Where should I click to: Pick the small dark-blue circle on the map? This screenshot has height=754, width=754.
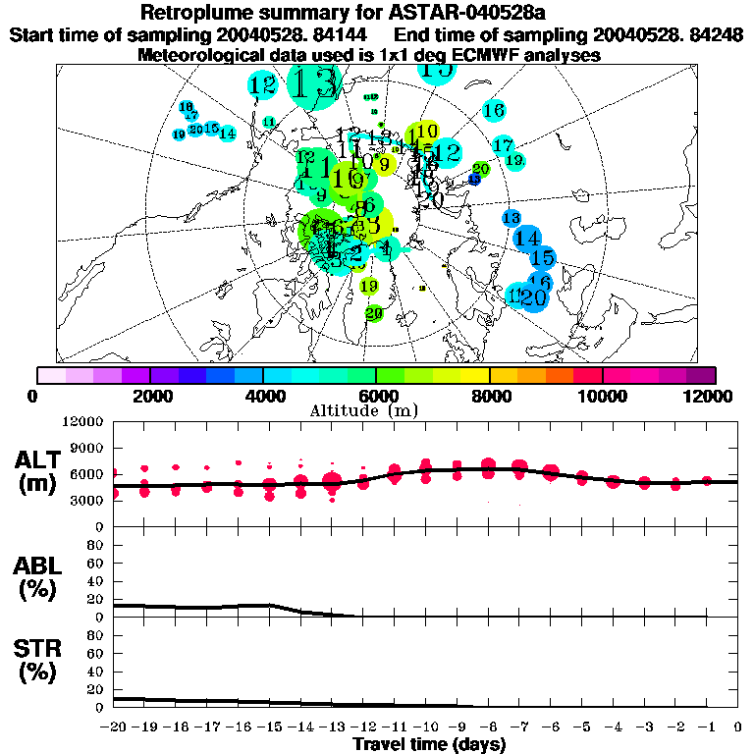[474, 179]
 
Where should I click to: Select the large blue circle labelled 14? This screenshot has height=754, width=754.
[527, 238]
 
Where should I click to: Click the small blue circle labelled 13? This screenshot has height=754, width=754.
[511, 217]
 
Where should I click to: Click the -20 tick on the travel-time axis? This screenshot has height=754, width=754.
[112, 727]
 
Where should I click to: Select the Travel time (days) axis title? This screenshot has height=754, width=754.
[429, 744]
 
